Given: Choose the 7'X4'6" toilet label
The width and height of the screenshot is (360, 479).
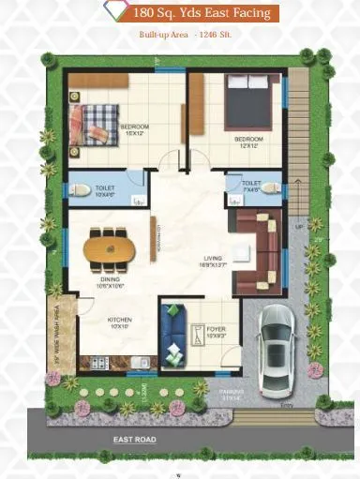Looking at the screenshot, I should (x=250, y=187).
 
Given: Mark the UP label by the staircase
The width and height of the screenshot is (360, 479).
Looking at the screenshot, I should (x=298, y=227).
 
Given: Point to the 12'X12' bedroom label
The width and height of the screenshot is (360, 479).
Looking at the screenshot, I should (x=248, y=142).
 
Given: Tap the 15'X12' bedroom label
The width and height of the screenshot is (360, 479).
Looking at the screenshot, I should (x=134, y=127).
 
